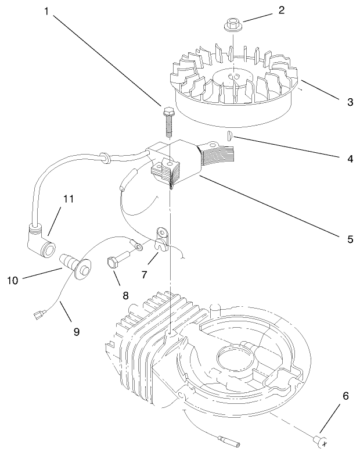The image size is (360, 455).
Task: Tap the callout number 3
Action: pos(350,102)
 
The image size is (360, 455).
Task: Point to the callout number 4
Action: pos(349,159)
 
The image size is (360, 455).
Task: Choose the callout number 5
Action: pos(350,238)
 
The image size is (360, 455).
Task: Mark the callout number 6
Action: pos(346,396)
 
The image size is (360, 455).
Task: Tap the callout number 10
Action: pos(12,280)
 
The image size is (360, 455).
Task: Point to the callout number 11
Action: pos(69,199)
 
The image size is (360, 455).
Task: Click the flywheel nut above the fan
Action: pos(232,25)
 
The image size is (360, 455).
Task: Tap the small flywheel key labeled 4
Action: pos(229,136)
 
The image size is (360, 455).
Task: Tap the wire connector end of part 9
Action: pos(41,316)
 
